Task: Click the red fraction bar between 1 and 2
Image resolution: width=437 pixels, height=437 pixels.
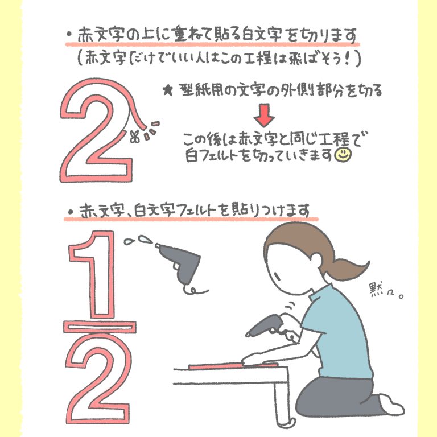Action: pos(100,327)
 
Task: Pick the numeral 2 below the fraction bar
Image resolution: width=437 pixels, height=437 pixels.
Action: pos(97,381)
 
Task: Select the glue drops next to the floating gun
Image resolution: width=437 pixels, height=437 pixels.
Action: pos(137,240)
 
